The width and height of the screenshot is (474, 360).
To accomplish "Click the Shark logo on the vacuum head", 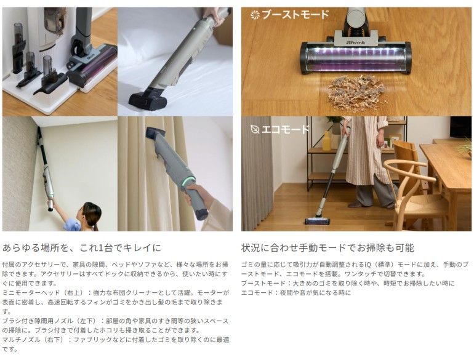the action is [356, 42].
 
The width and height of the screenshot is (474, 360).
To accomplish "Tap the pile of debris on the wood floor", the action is [356, 93].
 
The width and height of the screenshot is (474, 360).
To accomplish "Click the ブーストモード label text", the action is [295, 15].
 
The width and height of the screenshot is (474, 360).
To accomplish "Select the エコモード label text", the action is [286, 129].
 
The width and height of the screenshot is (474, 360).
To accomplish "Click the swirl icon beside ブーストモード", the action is [255, 15].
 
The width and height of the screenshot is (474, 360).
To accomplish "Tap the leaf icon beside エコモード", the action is [255, 130].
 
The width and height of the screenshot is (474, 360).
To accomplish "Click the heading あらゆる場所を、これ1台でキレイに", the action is [82, 248].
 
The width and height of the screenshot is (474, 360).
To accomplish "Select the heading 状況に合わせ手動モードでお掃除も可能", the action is [327, 248].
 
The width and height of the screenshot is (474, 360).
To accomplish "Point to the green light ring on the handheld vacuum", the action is [188, 180].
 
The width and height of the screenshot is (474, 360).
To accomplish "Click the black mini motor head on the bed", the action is [148, 99].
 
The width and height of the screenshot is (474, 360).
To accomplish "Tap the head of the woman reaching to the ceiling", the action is [92, 213].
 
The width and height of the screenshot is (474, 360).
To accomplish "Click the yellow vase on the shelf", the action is [326, 141].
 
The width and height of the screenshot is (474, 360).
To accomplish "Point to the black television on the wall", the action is [460, 127].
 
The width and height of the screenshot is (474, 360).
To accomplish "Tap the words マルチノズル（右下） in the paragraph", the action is [34, 340].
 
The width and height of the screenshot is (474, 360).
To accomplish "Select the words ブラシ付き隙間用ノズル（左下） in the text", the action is [50, 321].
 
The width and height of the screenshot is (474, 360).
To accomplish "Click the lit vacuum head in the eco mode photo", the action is [317, 221].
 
